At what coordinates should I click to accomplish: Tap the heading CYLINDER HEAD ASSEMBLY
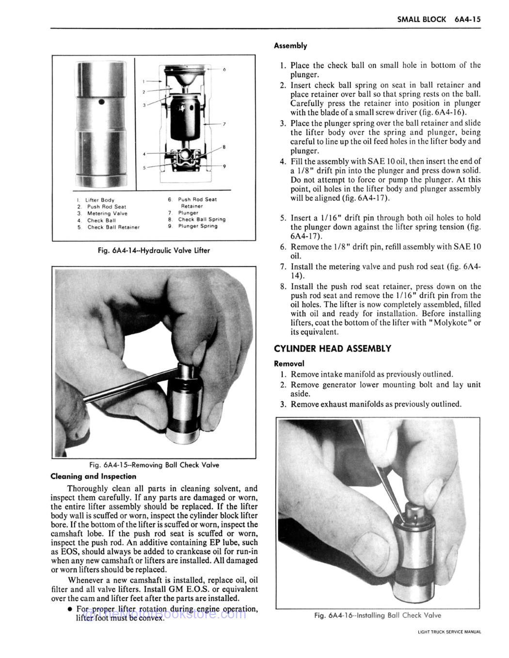pos(332,349)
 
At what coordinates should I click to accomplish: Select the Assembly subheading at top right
pos(290,46)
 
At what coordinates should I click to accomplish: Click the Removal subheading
pos(289,363)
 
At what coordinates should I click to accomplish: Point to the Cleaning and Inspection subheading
pos(94,476)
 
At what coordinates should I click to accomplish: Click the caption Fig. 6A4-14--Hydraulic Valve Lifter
pos(154,250)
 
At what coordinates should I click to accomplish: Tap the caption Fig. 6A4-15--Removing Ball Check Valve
pos(154,465)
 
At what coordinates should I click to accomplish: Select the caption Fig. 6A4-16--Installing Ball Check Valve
pos(378,615)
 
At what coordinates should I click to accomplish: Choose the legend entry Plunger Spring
pos(197,226)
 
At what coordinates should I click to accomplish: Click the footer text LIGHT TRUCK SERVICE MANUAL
pos(449,631)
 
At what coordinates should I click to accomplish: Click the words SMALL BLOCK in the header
pos(421,19)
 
